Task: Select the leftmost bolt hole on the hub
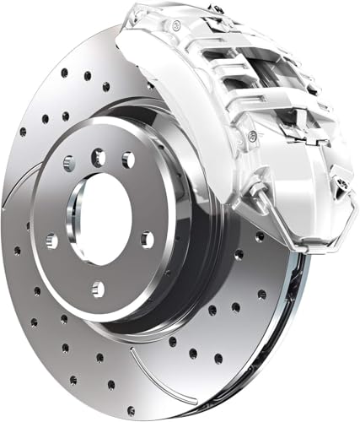tap(51, 242)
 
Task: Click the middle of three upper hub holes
tap(99, 157)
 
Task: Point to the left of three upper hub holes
tap(69, 164)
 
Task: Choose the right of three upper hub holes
tap(128, 159)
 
